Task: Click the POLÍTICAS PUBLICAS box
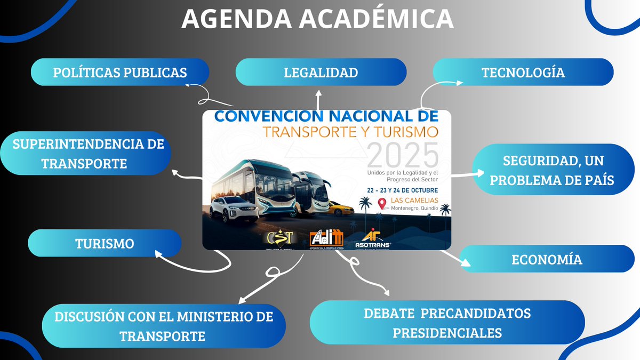[120, 73]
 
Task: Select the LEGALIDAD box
[321, 73]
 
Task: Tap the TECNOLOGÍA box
[523, 73]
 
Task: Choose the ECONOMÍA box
[546, 260]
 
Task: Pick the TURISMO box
[104, 244]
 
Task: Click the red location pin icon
[382, 204]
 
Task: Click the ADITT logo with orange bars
[326, 238]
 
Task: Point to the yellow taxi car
[339, 207]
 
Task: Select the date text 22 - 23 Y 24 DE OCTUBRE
[402, 190]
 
